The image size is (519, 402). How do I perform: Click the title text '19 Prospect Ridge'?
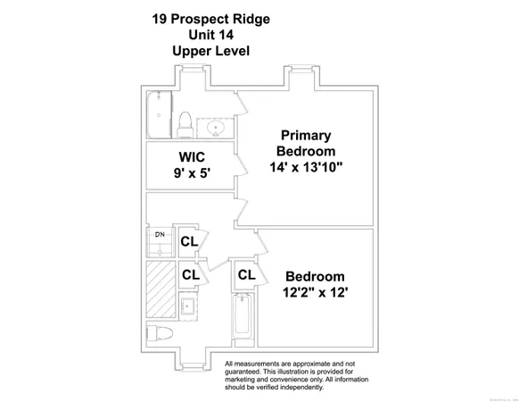211,17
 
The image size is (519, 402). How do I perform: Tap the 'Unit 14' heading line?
211,34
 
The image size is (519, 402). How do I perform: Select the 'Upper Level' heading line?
211,51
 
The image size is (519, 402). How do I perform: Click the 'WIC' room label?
192,156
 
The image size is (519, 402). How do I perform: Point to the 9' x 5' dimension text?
192,174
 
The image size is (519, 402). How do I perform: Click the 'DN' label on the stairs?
160,235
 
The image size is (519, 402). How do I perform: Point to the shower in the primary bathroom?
159,114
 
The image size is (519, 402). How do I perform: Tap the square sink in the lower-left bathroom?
187,306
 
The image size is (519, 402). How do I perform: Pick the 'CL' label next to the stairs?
189,241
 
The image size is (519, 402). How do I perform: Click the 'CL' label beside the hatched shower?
190,275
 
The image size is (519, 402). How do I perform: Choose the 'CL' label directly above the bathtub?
246,275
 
